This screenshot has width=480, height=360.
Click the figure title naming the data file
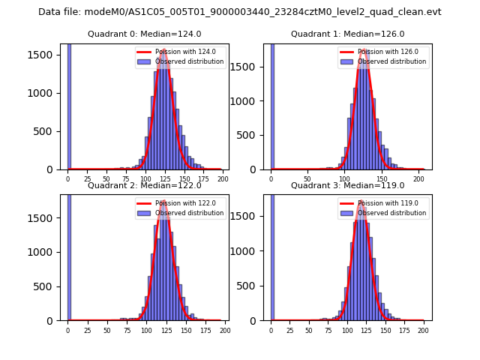point(240,12)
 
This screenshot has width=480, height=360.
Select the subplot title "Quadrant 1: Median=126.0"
point(347,34)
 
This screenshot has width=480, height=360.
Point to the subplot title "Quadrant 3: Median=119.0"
point(347,185)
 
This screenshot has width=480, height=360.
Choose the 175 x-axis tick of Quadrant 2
point(205,331)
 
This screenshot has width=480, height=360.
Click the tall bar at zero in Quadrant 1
point(271,105)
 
